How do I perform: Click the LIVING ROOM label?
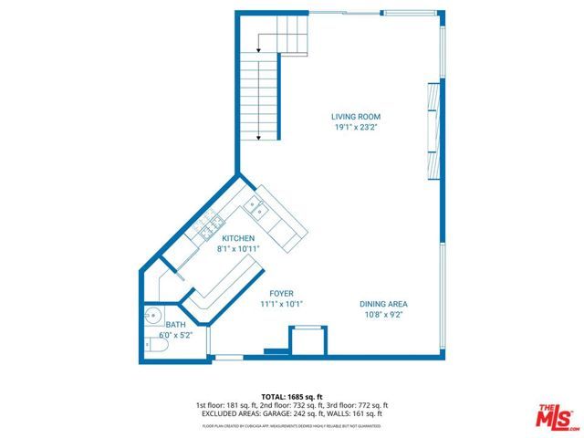click(355, 117)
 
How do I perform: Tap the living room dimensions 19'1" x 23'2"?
click(355, 128)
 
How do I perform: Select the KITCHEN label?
click(237, 238)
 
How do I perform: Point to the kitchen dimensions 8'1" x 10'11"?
click(237, 248)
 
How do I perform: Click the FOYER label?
click(281, 293)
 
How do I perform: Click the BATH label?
click(174, 325)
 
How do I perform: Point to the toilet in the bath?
click(149, 345)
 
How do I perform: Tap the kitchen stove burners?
click(213, 224)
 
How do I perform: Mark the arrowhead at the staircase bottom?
click(259, 138)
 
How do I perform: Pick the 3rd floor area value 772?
click(358, 405)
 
